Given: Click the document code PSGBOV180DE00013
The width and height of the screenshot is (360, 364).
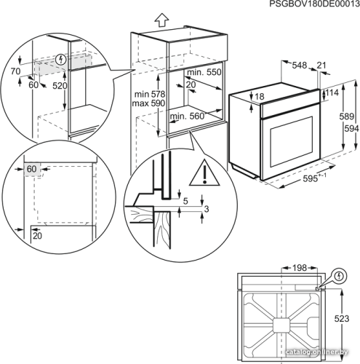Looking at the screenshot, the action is coord(315,4).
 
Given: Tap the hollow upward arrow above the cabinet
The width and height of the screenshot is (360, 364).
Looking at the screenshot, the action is coord(161,20).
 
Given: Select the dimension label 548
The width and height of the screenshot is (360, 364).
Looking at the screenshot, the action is coord(299,66).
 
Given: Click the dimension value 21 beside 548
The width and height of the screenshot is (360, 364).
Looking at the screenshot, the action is coord(321,66).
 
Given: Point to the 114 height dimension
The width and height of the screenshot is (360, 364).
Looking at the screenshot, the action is coord(332,92).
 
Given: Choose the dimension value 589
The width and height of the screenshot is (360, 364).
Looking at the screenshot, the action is coord(346,116).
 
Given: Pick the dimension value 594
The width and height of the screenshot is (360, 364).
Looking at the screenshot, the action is coord(352,129).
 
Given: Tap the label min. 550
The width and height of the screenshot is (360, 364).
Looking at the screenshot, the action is coord(204,72).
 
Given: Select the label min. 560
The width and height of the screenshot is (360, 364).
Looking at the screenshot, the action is coord(187,116).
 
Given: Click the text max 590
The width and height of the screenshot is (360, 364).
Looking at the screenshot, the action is coord(148,103).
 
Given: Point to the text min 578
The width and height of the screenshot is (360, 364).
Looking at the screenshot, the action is coord(150,94).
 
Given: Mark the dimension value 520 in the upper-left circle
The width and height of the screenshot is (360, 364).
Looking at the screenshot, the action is coord(60,86).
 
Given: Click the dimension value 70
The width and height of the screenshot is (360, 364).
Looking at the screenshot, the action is coord(15,71).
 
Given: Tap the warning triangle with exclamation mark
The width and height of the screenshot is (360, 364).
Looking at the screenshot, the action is coord(204,173).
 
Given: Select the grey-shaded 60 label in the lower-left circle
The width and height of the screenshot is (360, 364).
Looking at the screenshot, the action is coord(32,169).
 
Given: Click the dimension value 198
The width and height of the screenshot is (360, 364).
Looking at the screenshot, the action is coord(300,268).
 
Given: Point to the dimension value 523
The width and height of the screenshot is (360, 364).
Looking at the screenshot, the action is coord(342,318).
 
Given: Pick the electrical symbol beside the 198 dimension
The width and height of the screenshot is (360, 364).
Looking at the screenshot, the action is coord(340,276).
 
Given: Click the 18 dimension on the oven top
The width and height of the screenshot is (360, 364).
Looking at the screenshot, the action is coord(260,97).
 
